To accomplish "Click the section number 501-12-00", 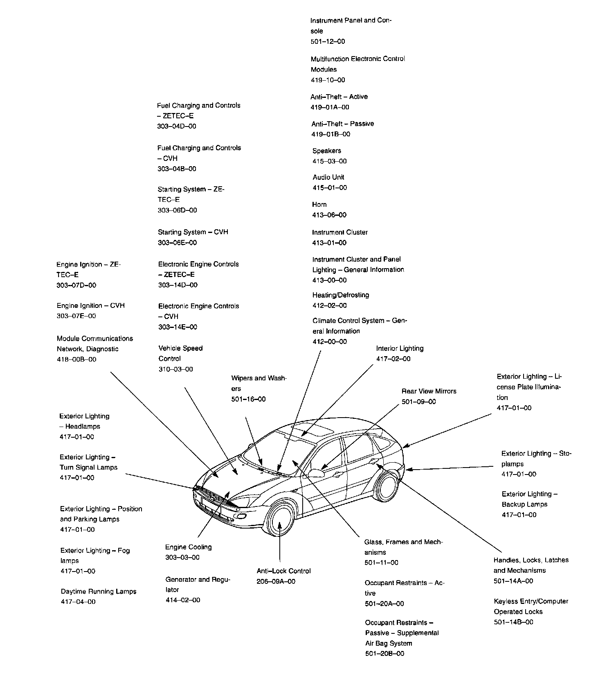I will pos(327,41).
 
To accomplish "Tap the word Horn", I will pos(319,204).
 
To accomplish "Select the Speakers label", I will pos(326,151).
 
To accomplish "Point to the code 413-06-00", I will pos(329,215).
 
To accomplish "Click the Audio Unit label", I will pos(328,177).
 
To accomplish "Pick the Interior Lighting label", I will pos(400,348).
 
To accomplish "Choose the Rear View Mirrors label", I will pos(429,391).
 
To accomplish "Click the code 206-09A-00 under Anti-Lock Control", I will pos(276,581).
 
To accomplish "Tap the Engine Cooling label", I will pos(188,547).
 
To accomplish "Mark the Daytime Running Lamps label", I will pos(98,591).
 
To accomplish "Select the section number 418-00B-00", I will pos(76,359).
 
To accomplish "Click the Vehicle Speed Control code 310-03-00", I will pos(175,369).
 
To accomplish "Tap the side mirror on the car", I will pos(316,473).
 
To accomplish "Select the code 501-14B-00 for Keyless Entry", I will pos(513,622).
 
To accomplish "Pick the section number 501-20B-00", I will pos(384,653).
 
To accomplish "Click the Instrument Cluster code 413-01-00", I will pos(329,243).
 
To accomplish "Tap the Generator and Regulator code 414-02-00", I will pos(182,600).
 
